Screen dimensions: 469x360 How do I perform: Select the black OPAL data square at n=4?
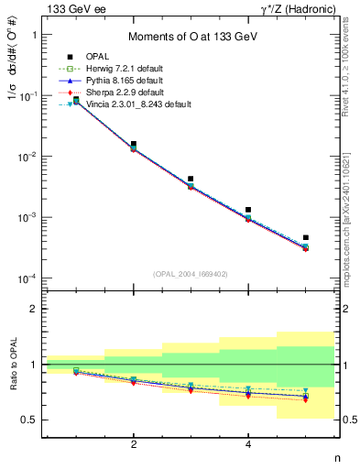[x=248, y=210]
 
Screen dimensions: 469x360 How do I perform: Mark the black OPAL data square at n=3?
[x=191, y=179]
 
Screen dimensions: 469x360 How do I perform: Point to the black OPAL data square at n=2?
[x=134, y=145]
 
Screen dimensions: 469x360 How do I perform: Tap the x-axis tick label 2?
[x=134, y=444]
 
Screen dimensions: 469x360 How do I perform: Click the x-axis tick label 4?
[x=248, y=444]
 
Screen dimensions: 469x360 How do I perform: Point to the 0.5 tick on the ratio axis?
[x=30, y=420]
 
